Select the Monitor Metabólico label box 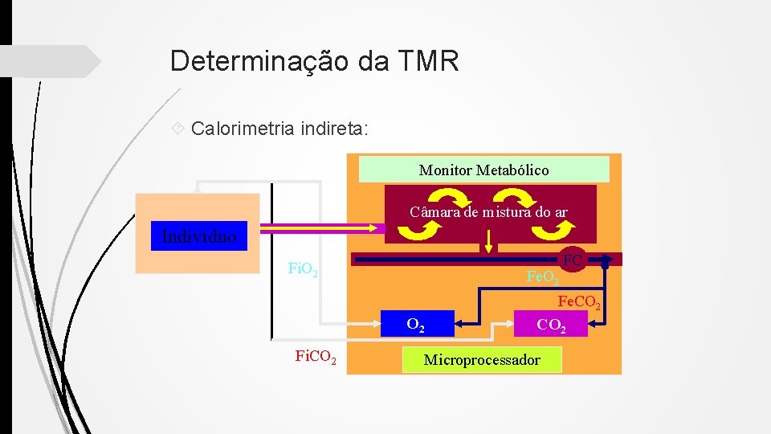pyautogui.click(x=483, y=170)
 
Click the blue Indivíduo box pyautogui.click(x=199, y=236)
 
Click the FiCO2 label pyautogui.click(x=316, y=354)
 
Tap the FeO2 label pyautogui.click(x=543, y=278)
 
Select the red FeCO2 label pyautogui.click(x=579, y=303)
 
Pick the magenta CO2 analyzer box pyautogui.click(x=551, y=325)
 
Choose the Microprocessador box pyautogui.click(x=482, y=359)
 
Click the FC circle pyautogui.click(x=573, y=260)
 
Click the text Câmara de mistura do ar pyautogui.click(x=488, y=212)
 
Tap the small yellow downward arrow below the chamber pyautogui.click(x=490, y=242)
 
